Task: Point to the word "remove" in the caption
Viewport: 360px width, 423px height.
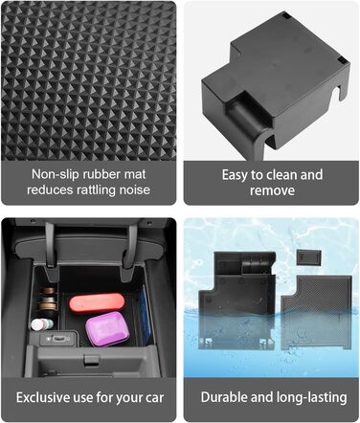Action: tap(272, 190)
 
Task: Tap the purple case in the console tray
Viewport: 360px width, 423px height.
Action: tap(107, 328)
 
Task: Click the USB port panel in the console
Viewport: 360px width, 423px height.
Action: tap(58, 338)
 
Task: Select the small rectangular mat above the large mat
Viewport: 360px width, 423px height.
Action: tap(308, 257)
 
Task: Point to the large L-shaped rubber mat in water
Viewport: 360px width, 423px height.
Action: tap(316, 312)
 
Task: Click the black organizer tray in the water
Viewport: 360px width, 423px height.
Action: tap(236, 300)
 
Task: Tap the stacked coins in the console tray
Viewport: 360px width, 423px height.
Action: tap(49, 299)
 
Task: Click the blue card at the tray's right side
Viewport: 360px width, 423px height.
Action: tap(146, 314)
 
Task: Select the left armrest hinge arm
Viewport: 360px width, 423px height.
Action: tap(51, 249)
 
